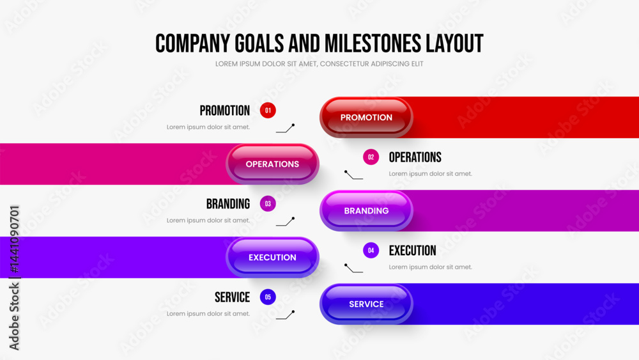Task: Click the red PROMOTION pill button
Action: pos(366,118)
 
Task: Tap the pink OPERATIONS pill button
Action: pos(272,164)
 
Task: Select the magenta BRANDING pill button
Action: pos(366,211)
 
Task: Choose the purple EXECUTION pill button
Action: pos(272,257)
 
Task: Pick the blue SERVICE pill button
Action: pos(366,304)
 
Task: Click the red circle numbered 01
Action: pos(268,111)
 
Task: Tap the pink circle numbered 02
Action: pos(371,157)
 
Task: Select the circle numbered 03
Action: pos(268,204)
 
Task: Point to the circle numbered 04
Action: pos(371,250)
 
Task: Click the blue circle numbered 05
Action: pos(268,297)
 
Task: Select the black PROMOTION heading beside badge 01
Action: pos(224,111)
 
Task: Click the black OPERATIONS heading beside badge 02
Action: pos(415,157)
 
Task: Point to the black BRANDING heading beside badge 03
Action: pos(228,204)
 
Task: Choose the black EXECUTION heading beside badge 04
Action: pos(412,251)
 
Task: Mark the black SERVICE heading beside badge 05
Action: pos(233,297)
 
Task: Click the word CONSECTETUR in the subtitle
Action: pos(344,64)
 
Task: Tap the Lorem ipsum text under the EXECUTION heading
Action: pos(430,267)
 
